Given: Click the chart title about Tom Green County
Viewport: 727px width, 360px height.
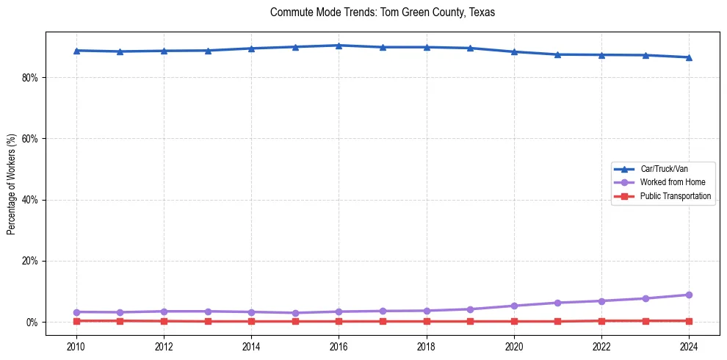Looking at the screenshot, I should pos(383,12).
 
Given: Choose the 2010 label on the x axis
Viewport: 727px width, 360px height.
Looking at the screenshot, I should pos(76,346).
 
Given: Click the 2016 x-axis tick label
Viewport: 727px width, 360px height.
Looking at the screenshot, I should pos(339,346).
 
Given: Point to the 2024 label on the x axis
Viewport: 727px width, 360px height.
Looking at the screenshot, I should pos(689,346).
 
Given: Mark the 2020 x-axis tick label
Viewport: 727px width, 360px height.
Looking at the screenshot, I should pos(514,346).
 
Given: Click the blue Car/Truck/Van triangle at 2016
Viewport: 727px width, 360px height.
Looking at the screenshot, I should pos(339,46).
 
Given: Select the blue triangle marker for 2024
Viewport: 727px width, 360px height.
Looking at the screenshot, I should pos(689,57).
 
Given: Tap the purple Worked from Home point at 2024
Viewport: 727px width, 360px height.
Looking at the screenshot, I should pos(689,295).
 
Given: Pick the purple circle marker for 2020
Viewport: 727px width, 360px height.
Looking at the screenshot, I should pos(514,306).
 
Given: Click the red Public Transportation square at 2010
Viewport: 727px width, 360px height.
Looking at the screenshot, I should pos(76,320).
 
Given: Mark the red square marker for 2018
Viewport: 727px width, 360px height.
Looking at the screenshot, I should pos(427,321).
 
